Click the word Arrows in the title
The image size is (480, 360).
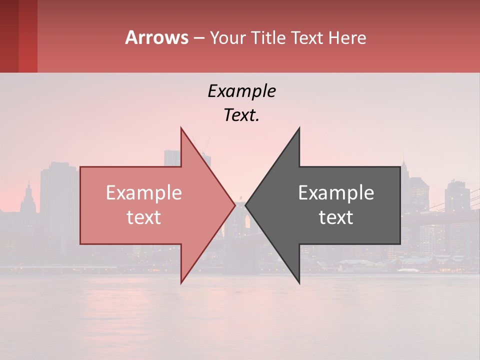tap(156, 37)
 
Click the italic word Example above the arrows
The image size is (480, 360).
tap(241, 91)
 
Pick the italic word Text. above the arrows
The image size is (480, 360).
tap(241, 115)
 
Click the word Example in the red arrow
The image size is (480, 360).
tap(144, 193)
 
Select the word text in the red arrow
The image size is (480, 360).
tap(144, 217)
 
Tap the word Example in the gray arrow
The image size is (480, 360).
tap(336, 193)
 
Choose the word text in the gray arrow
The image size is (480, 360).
tap(336, 217)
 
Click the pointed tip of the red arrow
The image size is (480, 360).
tap(234, 205)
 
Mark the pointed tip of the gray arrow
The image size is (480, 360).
tap(246, 205)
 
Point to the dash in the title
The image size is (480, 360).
tap(198, 38)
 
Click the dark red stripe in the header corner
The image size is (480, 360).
tap(9, 36)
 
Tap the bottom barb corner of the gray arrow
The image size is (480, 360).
tap(299, 282)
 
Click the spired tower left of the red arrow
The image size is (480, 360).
tap(28, 197)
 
